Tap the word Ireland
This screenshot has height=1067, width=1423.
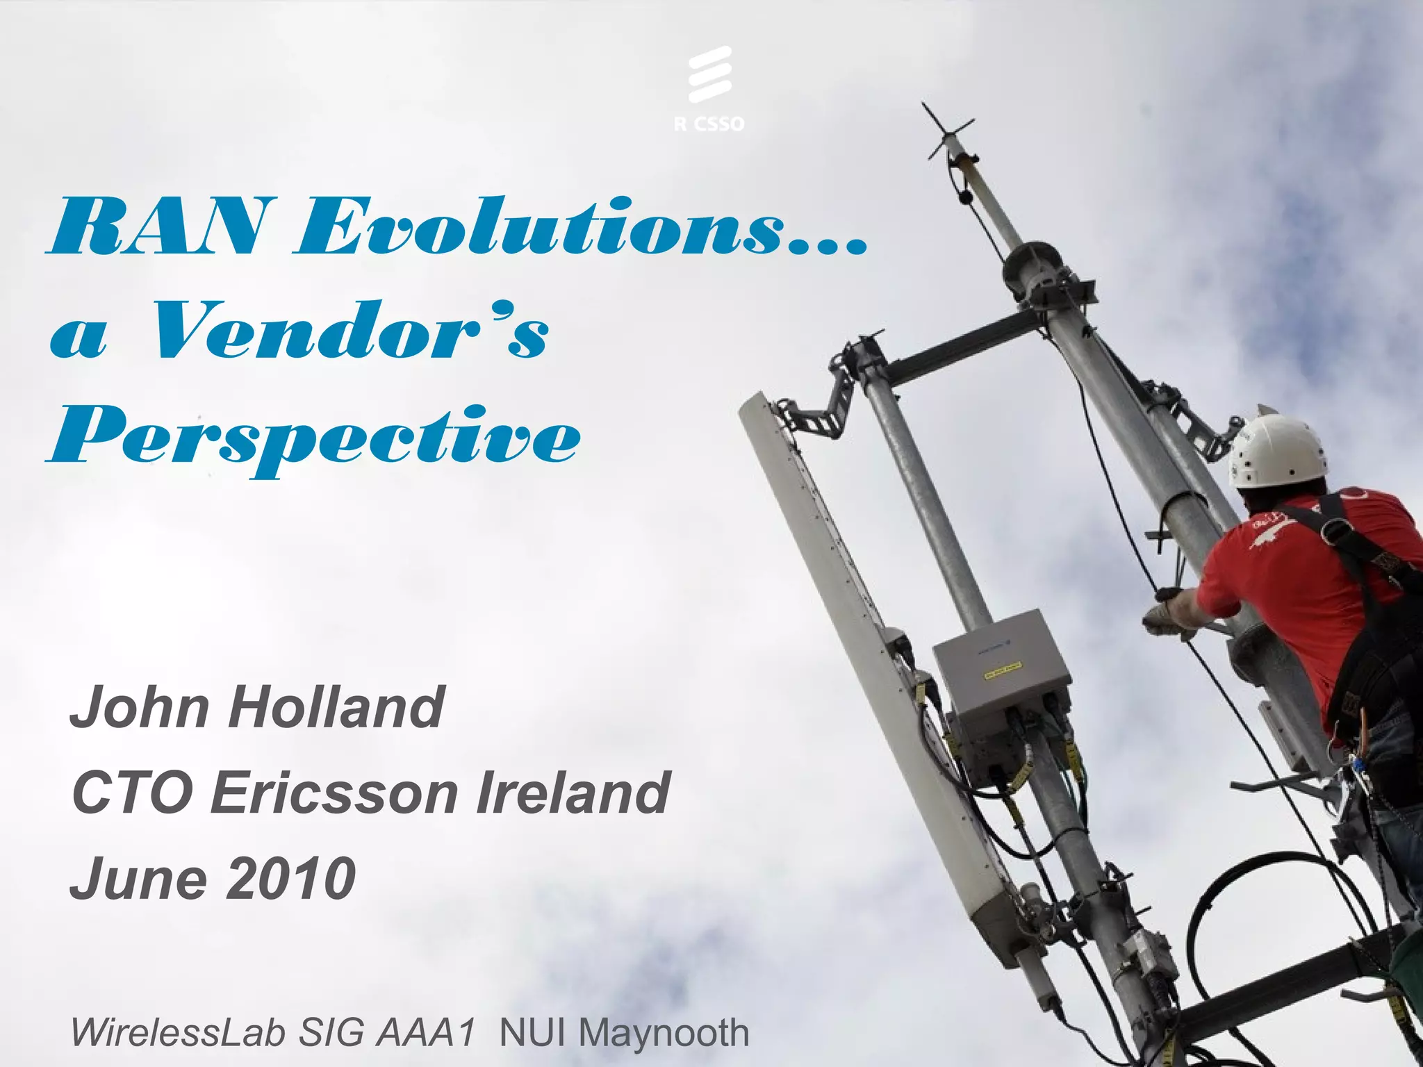coord(573,793)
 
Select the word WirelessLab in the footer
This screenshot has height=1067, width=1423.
coord(177,1033)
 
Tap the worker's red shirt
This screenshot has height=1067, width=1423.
coord(1285,577)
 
